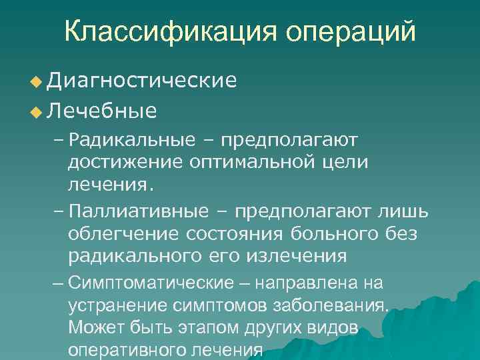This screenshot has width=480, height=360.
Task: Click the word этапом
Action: [x=171, y=329]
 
